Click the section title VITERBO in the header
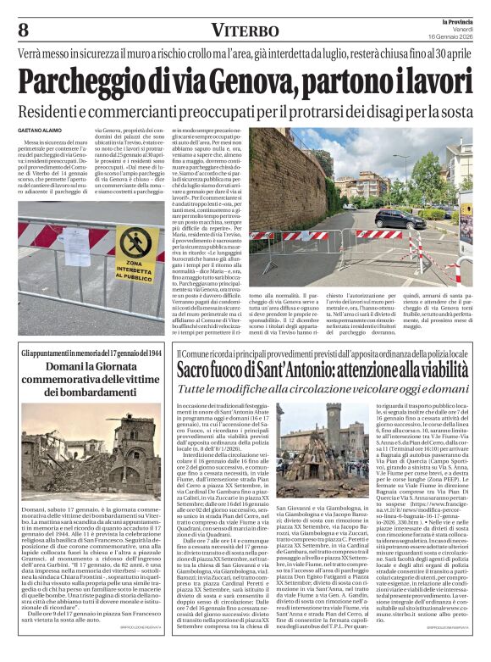(x=245, y=31)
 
